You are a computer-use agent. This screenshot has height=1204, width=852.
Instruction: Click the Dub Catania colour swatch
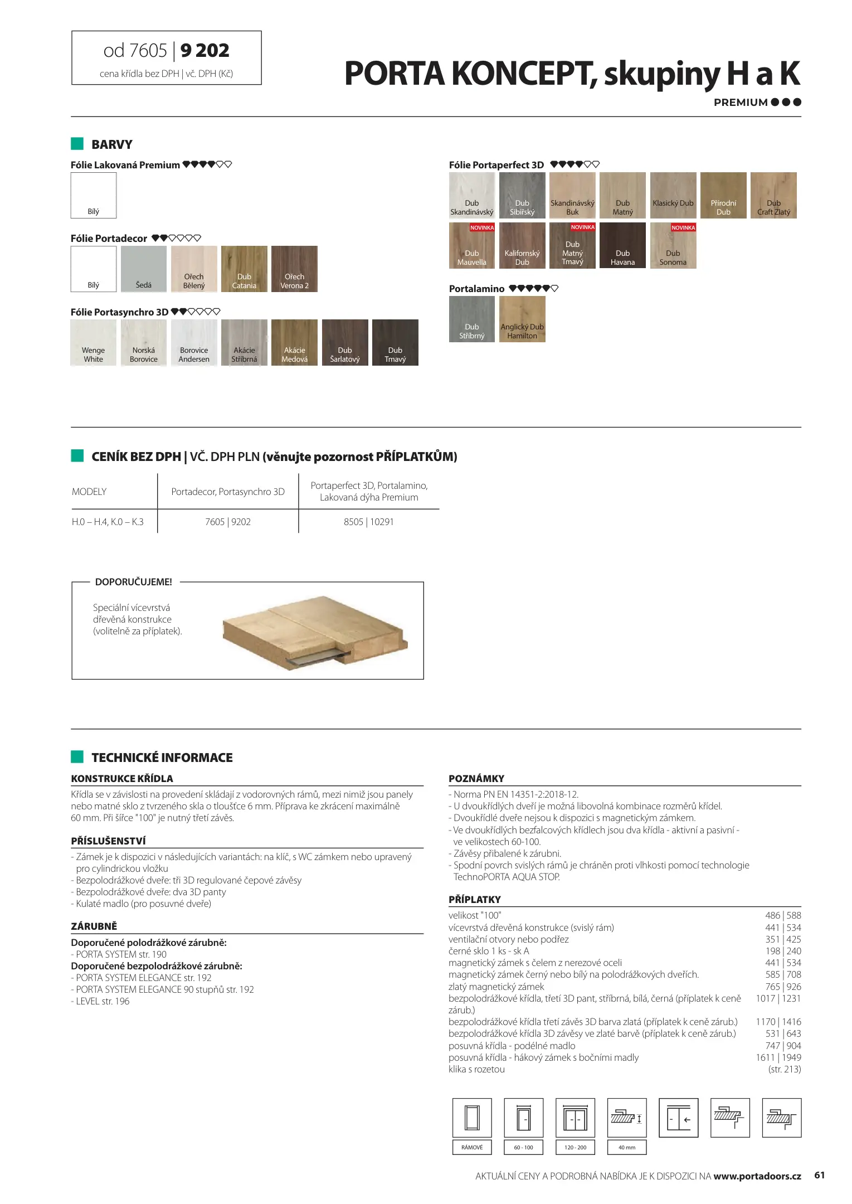(244, 269)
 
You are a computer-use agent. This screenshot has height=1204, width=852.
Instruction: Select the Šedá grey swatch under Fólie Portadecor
(144, 269)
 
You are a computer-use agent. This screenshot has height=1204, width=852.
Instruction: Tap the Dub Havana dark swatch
(622, 245)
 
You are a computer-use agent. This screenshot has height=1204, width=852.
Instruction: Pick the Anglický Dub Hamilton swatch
(522, 319)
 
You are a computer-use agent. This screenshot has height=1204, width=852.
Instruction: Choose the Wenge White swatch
(94, 342)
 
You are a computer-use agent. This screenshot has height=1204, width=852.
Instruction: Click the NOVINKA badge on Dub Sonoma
(683, 227)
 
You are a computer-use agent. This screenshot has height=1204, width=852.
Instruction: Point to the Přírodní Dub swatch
(723, 195)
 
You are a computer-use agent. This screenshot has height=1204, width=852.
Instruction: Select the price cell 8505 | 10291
(369, 522)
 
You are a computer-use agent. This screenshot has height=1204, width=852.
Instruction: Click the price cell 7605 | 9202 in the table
(228, 522)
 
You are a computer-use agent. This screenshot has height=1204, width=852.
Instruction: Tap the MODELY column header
(89, 492)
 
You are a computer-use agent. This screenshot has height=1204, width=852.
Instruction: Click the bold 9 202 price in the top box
(205, 51)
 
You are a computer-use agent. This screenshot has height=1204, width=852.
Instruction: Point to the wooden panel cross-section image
(315, 633)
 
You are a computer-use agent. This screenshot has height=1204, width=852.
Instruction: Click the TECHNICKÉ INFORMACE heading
(162, 758)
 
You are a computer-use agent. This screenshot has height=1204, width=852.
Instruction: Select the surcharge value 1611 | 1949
(778, 1057)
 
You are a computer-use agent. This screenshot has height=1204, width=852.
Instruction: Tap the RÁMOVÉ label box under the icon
(472, 1147)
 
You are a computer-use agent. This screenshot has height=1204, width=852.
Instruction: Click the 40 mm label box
(627, 1147)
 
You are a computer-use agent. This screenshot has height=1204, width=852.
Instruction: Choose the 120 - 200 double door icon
(575, 1118)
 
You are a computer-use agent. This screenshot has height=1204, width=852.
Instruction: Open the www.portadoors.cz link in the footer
(757, 1176)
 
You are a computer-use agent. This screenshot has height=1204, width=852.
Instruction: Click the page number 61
(820, 1175)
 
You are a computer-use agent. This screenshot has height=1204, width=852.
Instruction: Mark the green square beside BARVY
(77, 144)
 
